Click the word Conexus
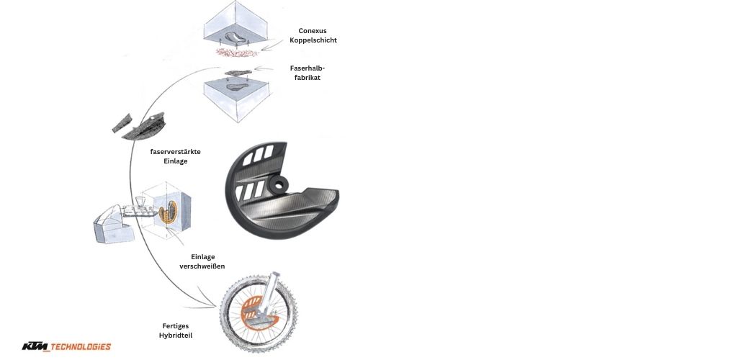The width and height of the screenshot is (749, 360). (313, 31)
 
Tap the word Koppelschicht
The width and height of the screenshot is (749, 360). (313, 40)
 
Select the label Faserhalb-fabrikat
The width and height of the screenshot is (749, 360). (307, 73)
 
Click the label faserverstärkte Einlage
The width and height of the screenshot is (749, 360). (175, 156)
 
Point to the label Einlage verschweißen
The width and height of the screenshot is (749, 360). (202, 261)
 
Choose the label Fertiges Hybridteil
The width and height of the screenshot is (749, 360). (176, 330)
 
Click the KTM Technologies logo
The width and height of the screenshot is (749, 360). (66, 346)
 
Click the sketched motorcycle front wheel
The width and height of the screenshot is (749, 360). (258, 312)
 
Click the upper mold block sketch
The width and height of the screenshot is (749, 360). (235, 25)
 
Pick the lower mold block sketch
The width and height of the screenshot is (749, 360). (236, 98)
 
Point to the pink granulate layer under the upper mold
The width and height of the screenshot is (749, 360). (237, 52)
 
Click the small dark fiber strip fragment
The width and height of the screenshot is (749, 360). (122, 122)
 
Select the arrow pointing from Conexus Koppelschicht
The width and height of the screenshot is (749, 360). (273, 45)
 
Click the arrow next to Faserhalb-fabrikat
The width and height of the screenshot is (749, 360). (264, 68)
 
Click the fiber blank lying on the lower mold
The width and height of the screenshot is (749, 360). (238, 73)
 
